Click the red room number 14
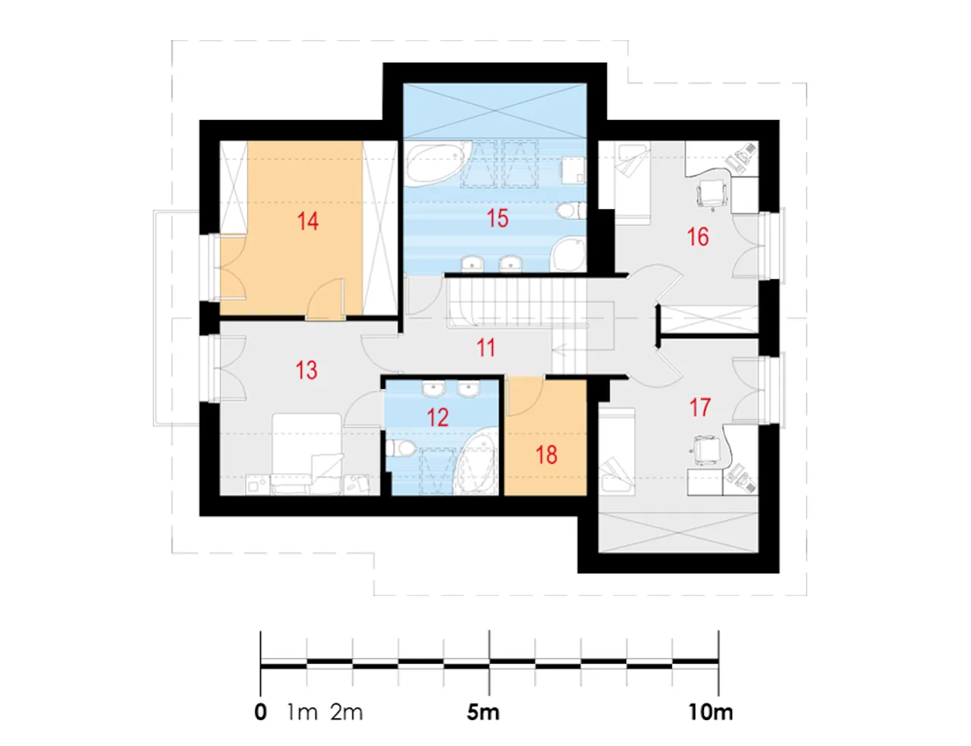click(x=308, y=221)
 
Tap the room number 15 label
click(x=498, y=219)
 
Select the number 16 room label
click(x=698, y=237)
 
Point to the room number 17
click(x=699, y=407)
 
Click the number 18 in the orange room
click(x=546, y=455)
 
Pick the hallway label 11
click(x=485, y=348)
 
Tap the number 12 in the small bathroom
click(x=438, y=418)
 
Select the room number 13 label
click(x=306, y=370)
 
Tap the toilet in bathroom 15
click(x=571, y=211)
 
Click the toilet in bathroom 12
click(x=401, y=448)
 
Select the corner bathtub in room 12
click(x=476, y=462)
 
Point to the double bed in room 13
click(x=307, y=454)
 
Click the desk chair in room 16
click(x=712, y=194)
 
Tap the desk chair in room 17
click(x=706, y=450)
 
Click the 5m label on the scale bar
click(x=483, y=712)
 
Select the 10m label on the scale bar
click(x=711, y=712)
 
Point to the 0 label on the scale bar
click(x=260, y=712)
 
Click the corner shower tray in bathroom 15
click(x=568, y=254)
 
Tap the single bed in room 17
click(x=617, y=451)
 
